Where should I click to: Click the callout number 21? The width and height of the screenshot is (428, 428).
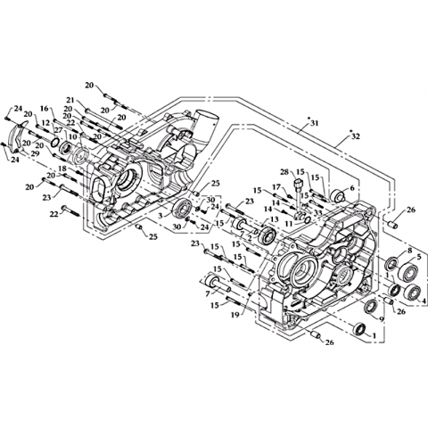(70, 100)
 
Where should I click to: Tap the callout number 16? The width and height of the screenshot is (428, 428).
(44, 109)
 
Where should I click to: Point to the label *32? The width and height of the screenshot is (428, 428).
(354, 136)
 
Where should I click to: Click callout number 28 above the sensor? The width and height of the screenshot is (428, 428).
(284, 172)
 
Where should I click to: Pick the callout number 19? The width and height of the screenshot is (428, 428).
(235, 315)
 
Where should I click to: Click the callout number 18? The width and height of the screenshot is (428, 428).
(62, 169)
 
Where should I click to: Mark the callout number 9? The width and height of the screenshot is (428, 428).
(382, 319)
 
